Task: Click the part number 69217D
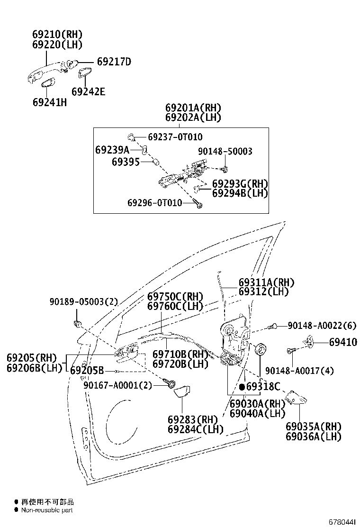114,62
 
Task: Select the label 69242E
88,91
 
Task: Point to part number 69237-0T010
175,137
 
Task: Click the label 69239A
112,150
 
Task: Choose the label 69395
126,162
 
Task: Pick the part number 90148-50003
225,151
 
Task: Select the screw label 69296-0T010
154,203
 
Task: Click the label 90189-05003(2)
83,302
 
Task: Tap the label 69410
343,342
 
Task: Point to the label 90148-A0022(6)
322,326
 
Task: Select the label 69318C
263,387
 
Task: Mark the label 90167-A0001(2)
118,385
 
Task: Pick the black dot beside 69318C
242,387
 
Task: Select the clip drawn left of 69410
309,341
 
